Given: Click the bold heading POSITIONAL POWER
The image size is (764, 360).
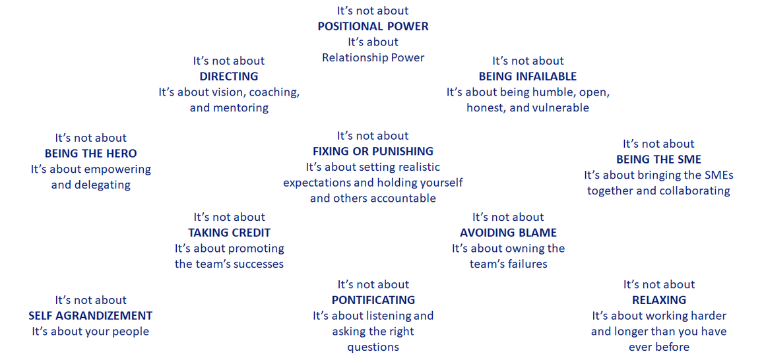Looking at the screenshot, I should [373, 26].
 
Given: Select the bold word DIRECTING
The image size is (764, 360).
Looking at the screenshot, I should [229, 76].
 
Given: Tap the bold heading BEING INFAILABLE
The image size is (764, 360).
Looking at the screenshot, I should [528, 76].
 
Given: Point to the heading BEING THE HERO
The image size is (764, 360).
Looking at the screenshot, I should [91, 154].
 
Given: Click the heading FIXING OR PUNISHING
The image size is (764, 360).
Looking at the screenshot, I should [373, 152].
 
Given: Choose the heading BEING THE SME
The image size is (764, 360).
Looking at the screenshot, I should [658, 160].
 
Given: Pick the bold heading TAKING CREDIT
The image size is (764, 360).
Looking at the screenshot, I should [229, 233].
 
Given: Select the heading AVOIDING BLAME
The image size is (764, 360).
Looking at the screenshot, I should [508, 233].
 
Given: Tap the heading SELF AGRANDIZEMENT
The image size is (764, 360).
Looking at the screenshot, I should [90, 316].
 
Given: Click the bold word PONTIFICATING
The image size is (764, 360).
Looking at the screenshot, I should [373, 301].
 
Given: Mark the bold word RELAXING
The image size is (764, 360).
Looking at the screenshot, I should [659, 301].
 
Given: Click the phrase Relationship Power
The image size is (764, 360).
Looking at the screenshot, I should [373, 58].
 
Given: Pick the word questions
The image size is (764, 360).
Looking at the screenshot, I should [373, 347].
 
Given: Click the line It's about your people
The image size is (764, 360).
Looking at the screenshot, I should [90, 332].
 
